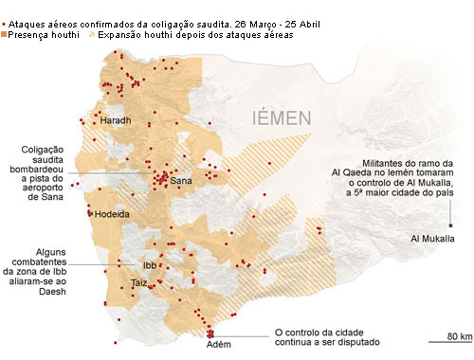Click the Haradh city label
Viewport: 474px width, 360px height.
tap(115, 122)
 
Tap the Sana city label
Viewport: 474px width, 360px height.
tap(181, 181)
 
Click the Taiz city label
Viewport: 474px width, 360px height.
tap(139, 283)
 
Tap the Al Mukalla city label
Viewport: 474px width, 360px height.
tap(430, 238)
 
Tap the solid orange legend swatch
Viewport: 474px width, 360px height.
tap(5, 35)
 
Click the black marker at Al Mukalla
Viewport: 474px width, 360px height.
tap(451, 225)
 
